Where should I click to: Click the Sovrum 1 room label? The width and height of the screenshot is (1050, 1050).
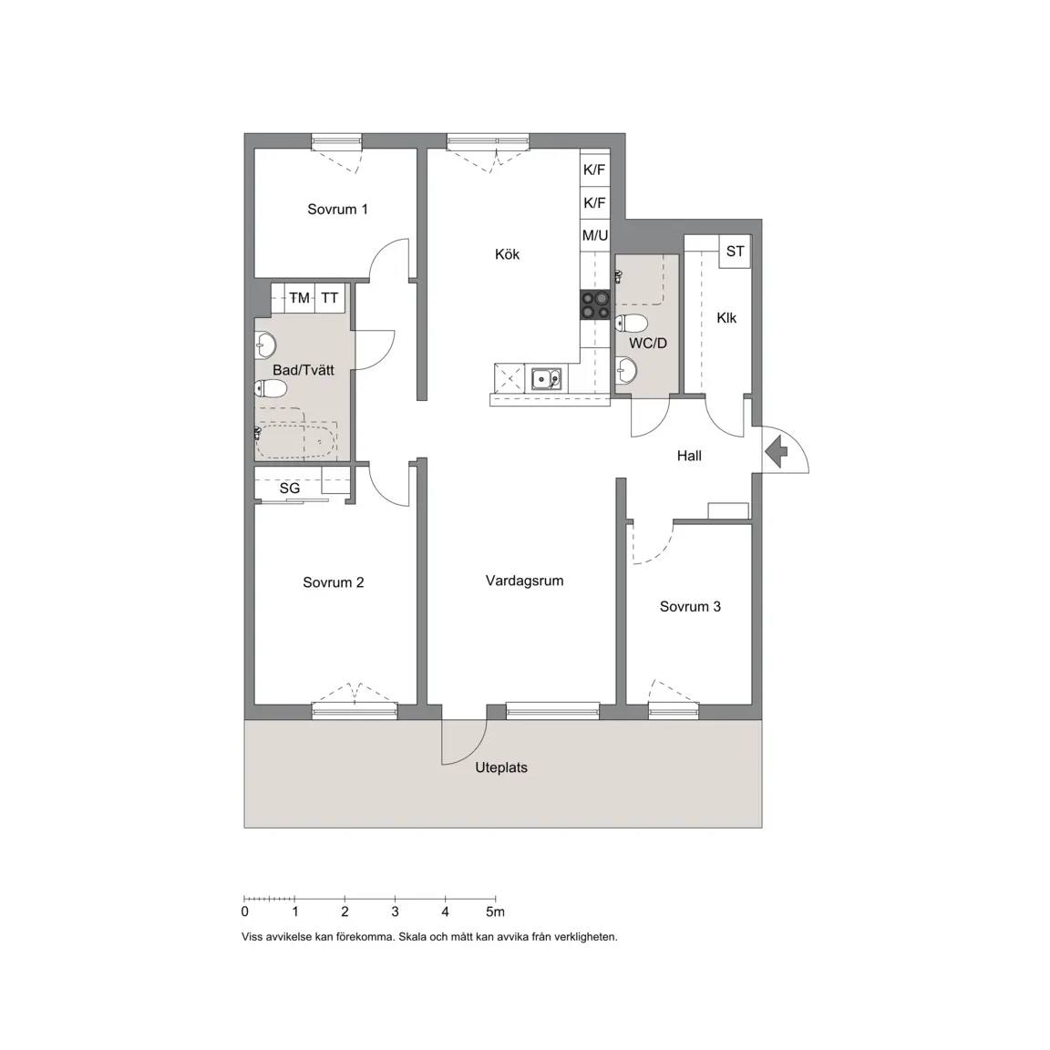click(x=337, y=209)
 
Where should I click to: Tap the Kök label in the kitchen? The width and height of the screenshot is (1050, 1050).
click(x=507, y=253)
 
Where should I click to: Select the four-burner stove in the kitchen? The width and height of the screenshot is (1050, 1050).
click(x=595, y=304)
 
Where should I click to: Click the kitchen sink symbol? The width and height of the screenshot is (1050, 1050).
click(x=547, y=378)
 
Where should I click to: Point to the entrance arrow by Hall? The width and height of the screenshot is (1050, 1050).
click(x=777, y=450)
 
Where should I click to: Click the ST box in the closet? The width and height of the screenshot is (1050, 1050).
click(x=735, y=252)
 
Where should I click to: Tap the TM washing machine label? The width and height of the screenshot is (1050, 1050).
click(x=299, y=297)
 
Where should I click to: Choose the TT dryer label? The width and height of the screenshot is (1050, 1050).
click(x=329, y=297)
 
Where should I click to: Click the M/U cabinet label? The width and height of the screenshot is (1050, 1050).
click(x=595, y=235)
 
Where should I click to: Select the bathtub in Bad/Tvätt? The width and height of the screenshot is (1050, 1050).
click(x=297, y=440)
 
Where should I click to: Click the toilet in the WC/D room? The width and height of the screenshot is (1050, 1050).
click(x=631, y=324)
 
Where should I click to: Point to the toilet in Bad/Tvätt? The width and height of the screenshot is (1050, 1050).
click(x=271, y=387)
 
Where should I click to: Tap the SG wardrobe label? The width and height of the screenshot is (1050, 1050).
click(x=289, y=489)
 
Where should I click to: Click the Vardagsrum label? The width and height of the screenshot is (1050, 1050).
click(x=524, y=581)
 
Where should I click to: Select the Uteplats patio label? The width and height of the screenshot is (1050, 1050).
click(x=501, y=767)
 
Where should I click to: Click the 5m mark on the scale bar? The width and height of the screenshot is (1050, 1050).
click(x=495, y=911)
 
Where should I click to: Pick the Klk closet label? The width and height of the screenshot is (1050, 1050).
click(x=726, y=317)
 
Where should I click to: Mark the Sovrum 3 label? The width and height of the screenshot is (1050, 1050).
click(x=690, y=607)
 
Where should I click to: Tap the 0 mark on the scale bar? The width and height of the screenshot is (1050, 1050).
click(x=244, y=911)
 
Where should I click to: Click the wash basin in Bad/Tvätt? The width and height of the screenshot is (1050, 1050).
click(x=266, y=345)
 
